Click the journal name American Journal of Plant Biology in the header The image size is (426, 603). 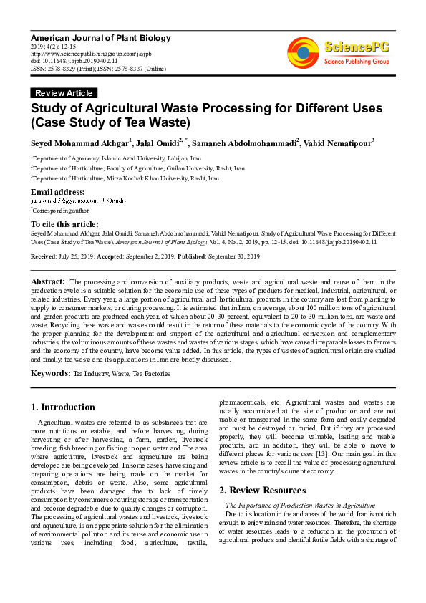92,37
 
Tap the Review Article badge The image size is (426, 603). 64,93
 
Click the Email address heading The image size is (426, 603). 57,192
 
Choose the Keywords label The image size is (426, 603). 50,373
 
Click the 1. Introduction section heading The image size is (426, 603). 63,407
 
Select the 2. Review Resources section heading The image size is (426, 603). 262,491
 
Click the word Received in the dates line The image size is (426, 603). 44,255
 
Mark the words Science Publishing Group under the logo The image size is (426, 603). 356,62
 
